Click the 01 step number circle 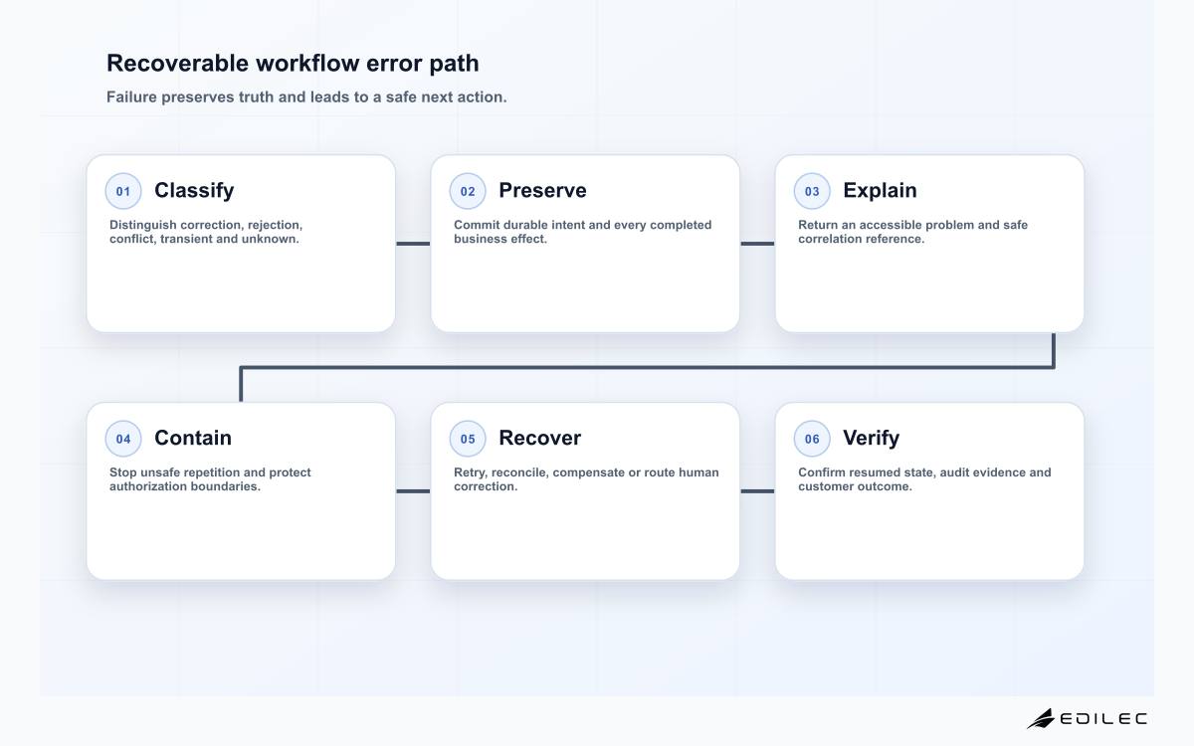(x=123, y=191)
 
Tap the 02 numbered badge (x=468, y=191)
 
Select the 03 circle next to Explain (x=812, y=191)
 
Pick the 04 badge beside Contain (x=123, y=439)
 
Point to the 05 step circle (x=468, y=439)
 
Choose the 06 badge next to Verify (x=812, y=439)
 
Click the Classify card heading (x=194, y=191)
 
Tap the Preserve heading (x=542, y=190)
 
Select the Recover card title (x=540, y=438)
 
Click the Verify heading (x=871, y=439)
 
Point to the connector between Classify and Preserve (x=413, y=244)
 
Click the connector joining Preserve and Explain (x=757, y=244)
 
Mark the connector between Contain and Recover (x=413, y=491)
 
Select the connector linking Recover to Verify (x=757, y=491)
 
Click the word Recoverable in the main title (x=177, y=63)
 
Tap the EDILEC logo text (x=1103, y=719)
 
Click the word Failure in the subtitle (x=131, y=97)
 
